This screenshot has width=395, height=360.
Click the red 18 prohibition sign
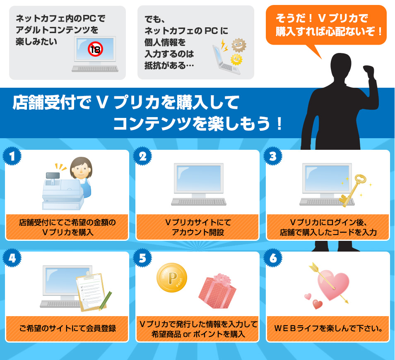[x=96, y=49]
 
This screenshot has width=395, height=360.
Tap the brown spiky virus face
[x=238, y=46]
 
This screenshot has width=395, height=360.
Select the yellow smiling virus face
[x=236, y=60]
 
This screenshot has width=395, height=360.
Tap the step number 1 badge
[x=12, y=156]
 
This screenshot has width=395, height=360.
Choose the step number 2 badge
[x=142, y=156]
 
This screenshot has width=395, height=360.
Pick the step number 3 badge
[x=273, y=156]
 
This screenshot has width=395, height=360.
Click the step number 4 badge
[x=12, y=258]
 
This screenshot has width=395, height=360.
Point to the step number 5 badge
[x=142, y=258]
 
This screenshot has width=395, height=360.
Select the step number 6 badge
[x=273, y=258]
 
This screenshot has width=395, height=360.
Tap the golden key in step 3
[x=353, y=191]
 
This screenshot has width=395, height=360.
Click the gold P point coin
[x=172, y=277]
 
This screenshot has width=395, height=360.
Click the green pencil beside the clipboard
[x=105, y=300]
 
